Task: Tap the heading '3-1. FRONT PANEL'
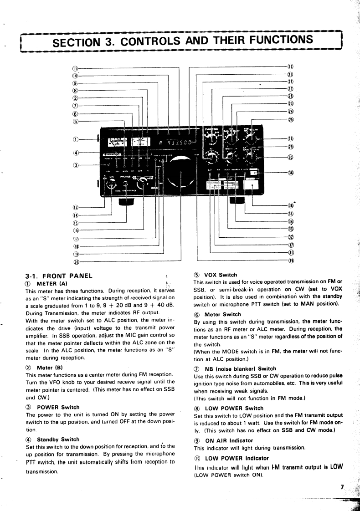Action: (x=59, y=275)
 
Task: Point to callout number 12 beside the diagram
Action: (x=290, y=66)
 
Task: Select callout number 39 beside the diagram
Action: (x=290, y=261)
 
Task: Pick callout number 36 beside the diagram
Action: (x=290, y=173)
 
